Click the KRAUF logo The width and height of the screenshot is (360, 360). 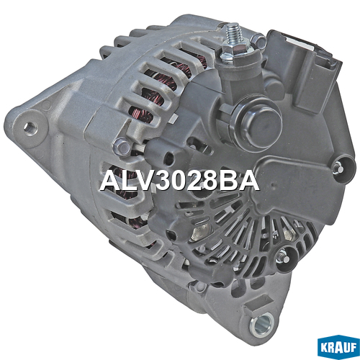[x=338, y=347]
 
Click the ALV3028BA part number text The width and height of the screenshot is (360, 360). [x=179, y=181]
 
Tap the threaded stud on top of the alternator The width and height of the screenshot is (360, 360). [x=233, y=34]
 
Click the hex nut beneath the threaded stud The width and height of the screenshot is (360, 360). [x=233, y=51]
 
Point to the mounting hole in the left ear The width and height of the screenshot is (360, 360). [x=31, y=128]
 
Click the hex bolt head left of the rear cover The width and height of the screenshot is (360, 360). [x=122, y=146]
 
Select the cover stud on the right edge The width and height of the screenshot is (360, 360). [x=339, y=167]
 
